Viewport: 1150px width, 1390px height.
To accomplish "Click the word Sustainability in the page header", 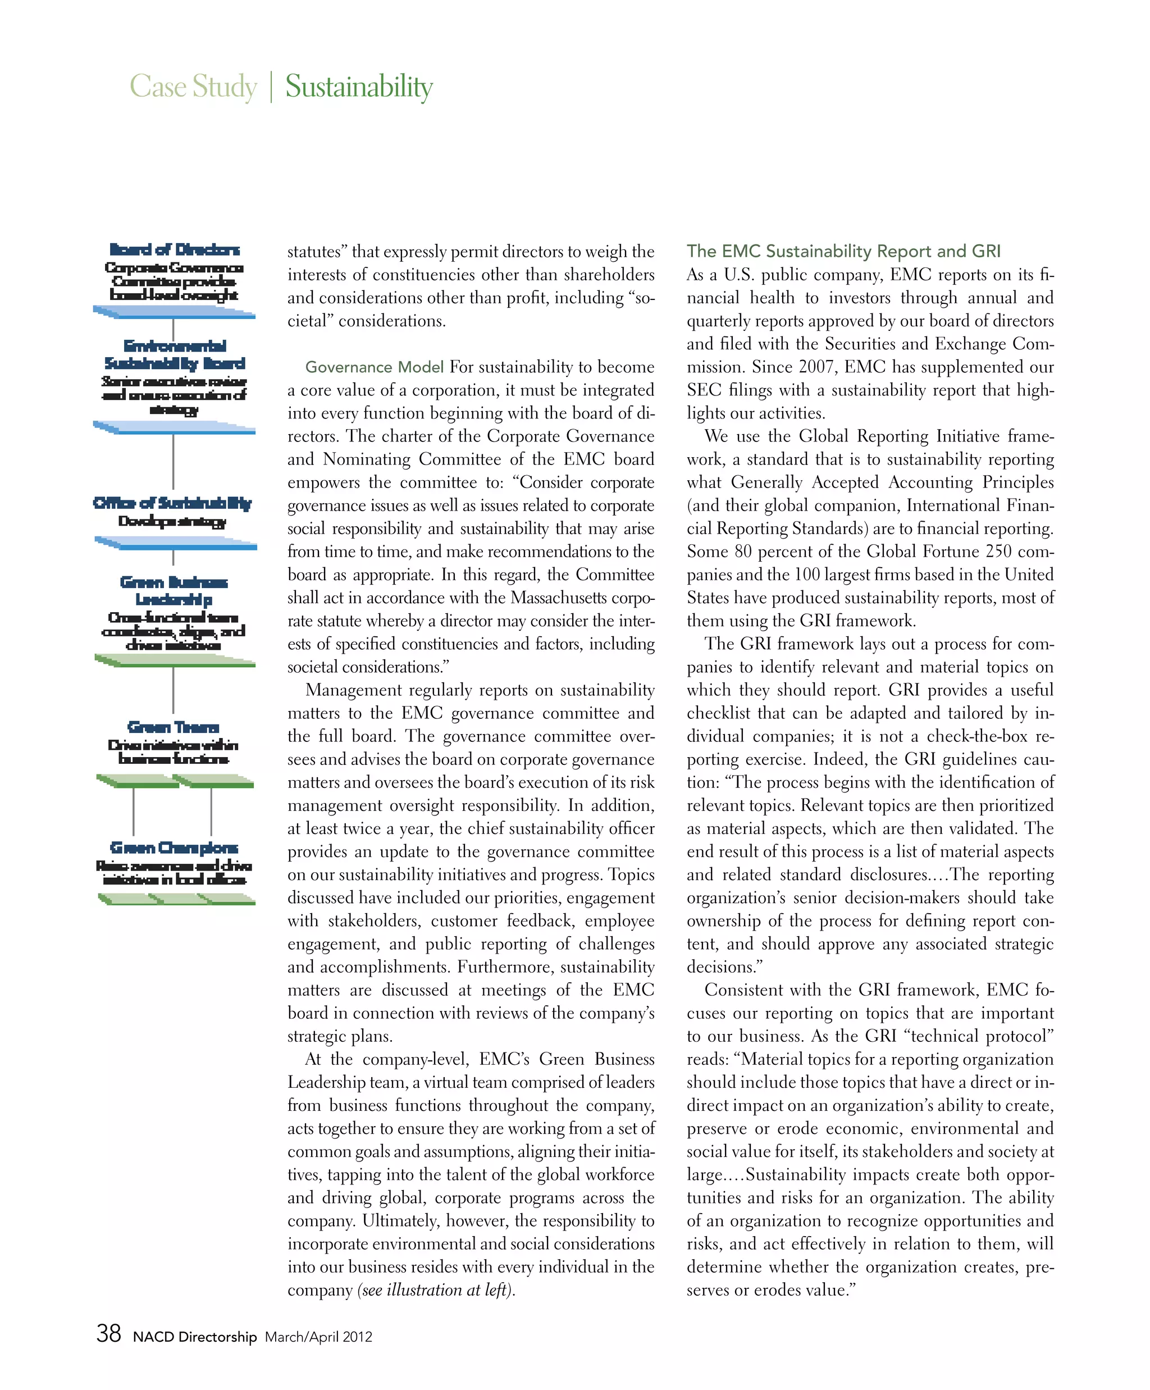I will click(359, 86).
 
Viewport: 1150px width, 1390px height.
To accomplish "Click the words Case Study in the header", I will click(193, 86).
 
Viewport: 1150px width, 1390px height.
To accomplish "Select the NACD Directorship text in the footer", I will click(194, 1337).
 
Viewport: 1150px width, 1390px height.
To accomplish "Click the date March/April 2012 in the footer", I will click(318, 1337).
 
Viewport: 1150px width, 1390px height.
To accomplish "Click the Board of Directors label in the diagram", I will click(175, 249).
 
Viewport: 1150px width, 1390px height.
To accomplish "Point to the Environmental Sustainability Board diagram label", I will click(175, 354).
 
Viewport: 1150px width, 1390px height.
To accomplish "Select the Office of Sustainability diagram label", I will click(173, 503).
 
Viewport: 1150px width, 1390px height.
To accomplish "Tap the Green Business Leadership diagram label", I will click(174, 590).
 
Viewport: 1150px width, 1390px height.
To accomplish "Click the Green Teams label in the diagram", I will click(174, 727).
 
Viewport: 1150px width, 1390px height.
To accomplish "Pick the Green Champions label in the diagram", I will click(174, 847).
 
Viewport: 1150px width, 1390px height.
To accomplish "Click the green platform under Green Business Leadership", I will click(175, 660).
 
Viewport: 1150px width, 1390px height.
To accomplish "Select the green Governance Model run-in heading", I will click(374, 367).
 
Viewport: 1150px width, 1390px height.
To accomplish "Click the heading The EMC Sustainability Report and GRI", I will click(843, 252).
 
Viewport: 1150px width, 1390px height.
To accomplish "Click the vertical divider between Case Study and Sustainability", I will click(271, 86).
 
